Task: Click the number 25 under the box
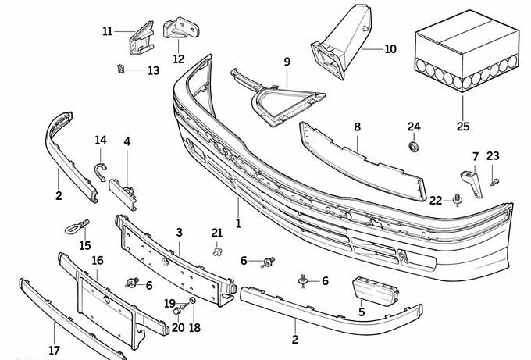463,127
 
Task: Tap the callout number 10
390,49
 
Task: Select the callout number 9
287,62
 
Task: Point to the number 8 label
357,126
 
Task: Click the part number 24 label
414,127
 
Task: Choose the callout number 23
492,155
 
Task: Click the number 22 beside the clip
436,200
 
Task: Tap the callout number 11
108,31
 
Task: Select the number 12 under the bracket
179,59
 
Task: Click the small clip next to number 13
121,69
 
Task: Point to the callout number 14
101,141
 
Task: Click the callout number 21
217,233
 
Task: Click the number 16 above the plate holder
98,261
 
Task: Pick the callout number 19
169,303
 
